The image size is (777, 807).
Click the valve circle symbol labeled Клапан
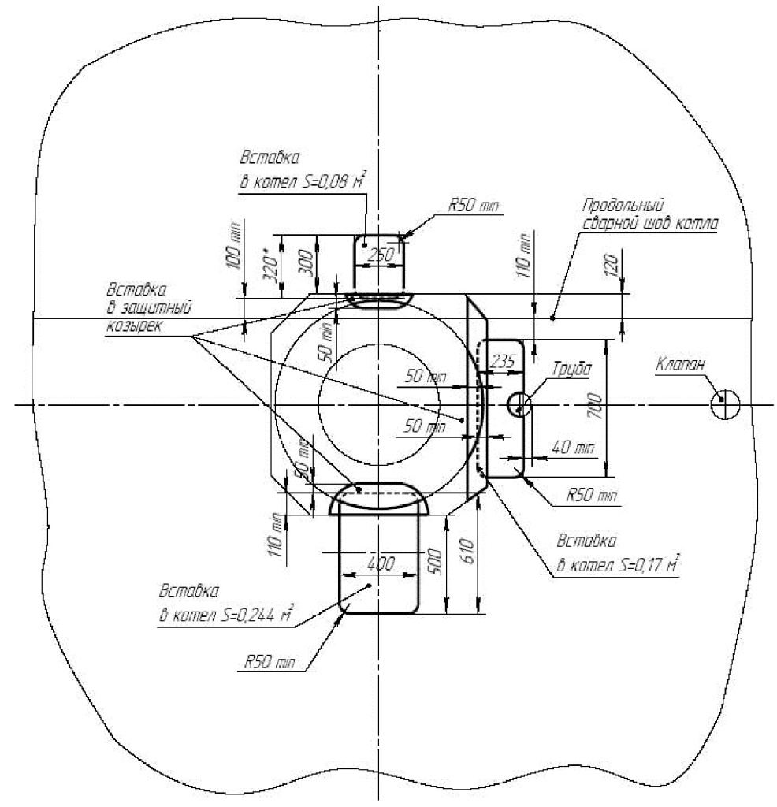(725, 404)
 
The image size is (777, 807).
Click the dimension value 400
(381, 563)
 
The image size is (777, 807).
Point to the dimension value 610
(467, 551)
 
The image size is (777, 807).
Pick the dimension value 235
(502, 361)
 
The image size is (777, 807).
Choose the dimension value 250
(381, 255)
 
